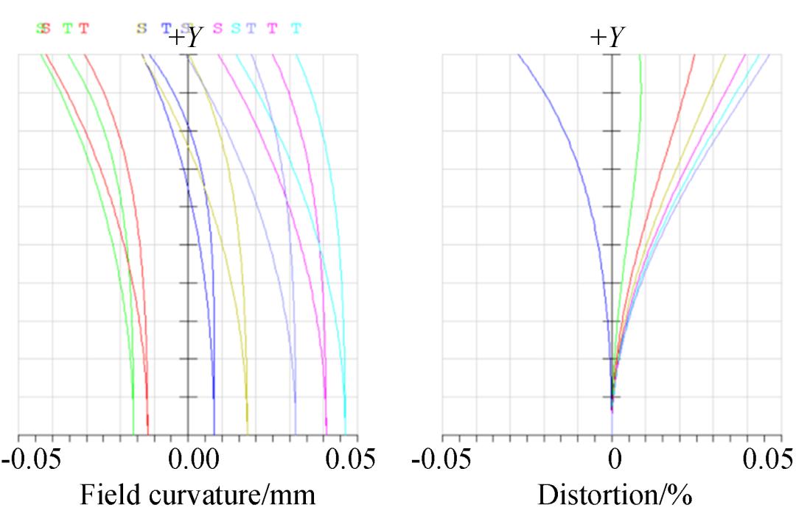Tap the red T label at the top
click(84, 29)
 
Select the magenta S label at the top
click(217, 29)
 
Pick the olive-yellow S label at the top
click(141, 29)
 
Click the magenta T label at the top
click(272, 29)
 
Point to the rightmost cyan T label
click(296, 29)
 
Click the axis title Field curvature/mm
click(197, 495)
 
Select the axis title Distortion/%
click(615, 495)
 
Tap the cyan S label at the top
click(236, 29)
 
